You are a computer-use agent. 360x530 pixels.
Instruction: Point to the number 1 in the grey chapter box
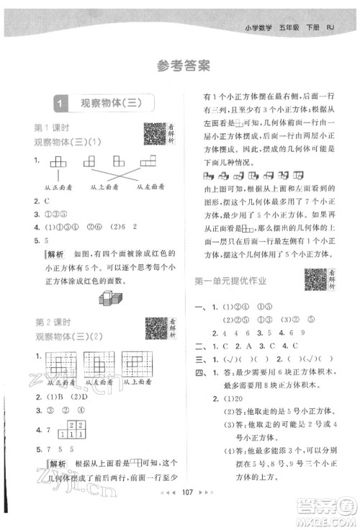pos(63,104)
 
